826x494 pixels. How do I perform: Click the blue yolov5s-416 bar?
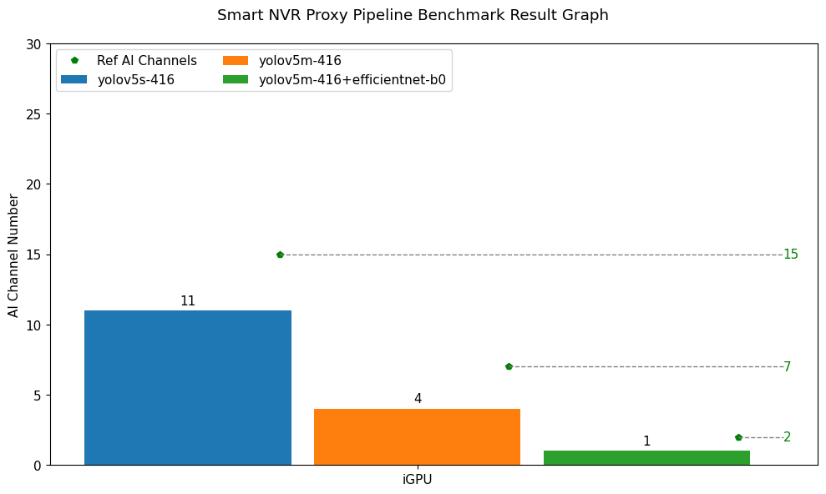pos(188,387)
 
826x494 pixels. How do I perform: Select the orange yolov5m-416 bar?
pos(417,436)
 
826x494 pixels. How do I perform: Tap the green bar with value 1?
pos(646,457)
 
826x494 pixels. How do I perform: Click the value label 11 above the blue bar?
pos(188,301)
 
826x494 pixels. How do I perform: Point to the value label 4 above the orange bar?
pos(418,399)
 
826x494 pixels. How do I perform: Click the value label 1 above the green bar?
pos(646,441)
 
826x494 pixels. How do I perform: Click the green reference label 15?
pos(790,255)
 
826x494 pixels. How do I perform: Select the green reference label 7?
pos(787,367)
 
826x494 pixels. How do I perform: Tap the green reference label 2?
pos(787,437)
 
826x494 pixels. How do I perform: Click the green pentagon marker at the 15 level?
pos(280,255)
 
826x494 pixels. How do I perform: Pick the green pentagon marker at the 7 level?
pos(509,366)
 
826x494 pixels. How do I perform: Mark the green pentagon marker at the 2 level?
pos(738,437)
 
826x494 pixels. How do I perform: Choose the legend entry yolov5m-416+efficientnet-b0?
pos(352,80)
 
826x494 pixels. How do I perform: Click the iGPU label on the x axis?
pos(418,480)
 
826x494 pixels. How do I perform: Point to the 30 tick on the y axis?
pos(34,44)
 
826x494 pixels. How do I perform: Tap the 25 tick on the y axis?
pos(34,114)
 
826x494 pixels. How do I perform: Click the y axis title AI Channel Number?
pos(13,255)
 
